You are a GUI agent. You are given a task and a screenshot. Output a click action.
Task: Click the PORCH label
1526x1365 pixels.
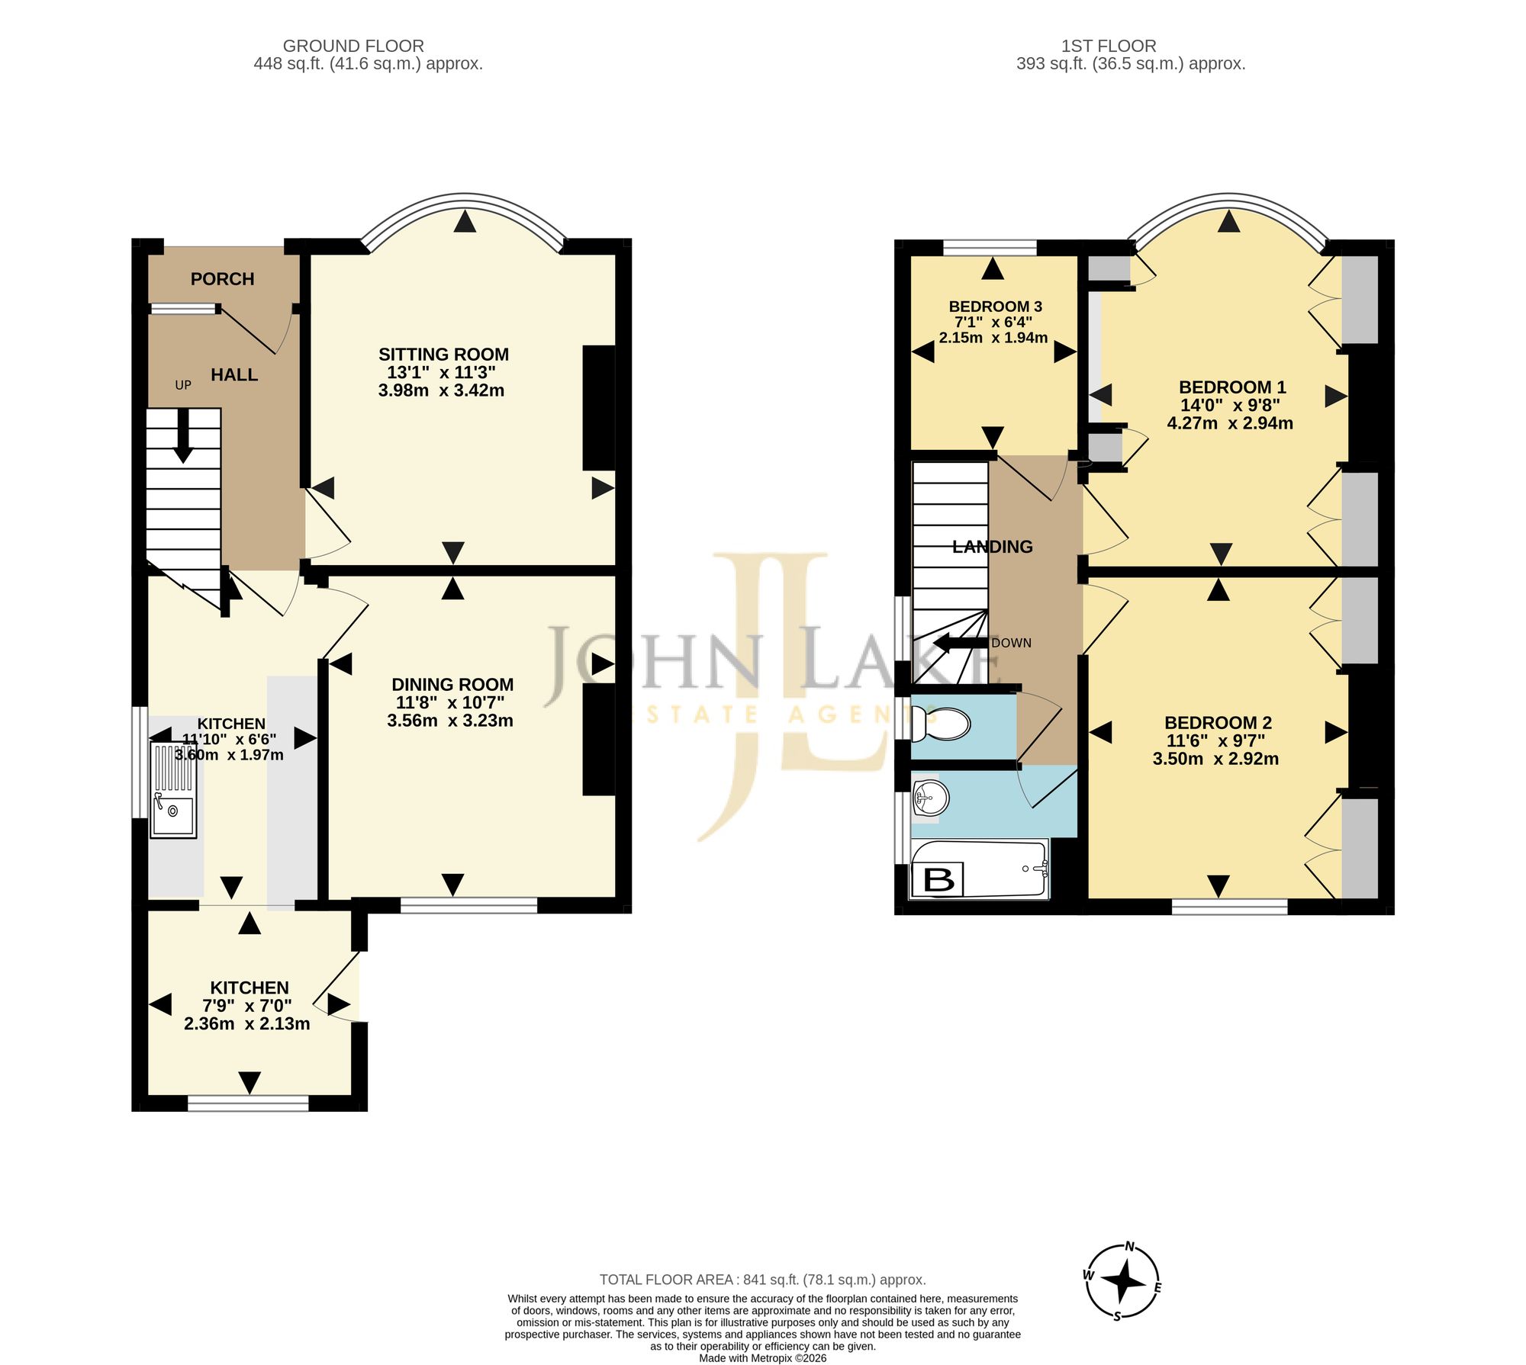click(222, 279)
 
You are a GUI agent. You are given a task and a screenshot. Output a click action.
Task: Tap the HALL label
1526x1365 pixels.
click(234, 374)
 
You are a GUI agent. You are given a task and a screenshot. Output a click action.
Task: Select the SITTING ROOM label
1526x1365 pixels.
click(443, 355)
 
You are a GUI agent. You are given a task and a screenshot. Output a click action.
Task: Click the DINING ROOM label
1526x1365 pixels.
click(452, 685)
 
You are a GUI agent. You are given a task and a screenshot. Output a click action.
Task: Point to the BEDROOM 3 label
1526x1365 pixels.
click(995, 307)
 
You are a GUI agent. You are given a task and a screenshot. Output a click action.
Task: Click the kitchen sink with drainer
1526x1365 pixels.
click(174, 791)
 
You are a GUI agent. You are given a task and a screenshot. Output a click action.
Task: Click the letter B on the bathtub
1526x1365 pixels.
click(938, 880)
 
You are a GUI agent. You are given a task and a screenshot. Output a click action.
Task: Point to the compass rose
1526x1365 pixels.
click(1122, 1281)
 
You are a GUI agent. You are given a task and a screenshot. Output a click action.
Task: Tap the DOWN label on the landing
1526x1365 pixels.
click(1011, 643)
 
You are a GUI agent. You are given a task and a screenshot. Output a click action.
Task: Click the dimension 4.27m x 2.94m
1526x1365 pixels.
click(1230, 423)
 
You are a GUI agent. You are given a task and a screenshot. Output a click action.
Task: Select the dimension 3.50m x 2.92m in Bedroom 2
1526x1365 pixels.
click(1215, 759)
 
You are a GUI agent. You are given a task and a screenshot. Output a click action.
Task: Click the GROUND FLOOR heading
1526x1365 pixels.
click(353, 46)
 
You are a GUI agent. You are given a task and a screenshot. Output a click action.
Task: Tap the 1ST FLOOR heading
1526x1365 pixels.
click(1109, 46)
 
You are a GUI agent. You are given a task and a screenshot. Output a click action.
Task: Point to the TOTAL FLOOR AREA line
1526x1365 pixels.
click(763, 1280)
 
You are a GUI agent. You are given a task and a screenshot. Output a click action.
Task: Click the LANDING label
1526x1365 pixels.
click(993, 547)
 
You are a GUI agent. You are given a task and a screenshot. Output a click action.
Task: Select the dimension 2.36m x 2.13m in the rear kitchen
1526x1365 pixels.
click(247, 1024)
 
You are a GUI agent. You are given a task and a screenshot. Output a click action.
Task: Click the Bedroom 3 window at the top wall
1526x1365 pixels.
click(990, 247)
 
